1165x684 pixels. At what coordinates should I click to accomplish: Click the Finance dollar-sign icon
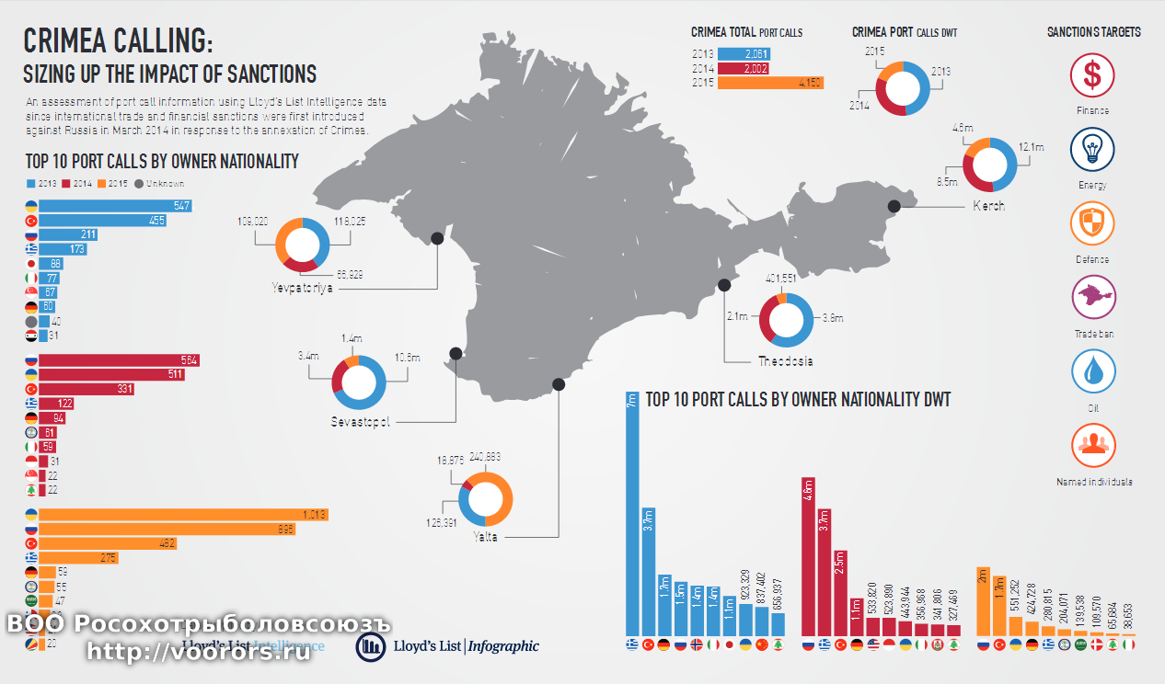point(1092,74)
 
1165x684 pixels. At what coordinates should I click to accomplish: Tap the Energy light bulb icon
point(1092,150)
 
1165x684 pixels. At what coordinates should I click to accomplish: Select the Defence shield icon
point(1092,224)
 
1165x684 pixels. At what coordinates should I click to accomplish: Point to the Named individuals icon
point(1093,446)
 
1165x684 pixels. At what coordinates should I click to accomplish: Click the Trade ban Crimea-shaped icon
point(1092,298)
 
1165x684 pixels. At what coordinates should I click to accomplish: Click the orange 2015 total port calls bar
point(769,83)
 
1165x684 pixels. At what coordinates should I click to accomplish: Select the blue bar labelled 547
point(115,206)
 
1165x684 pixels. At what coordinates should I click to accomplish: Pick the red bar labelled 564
point(120,360)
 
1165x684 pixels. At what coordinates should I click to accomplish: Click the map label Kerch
point(988,206)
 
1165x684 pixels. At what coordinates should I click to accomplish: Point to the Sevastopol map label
point(361,422)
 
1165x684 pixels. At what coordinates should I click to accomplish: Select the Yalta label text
point(485,537)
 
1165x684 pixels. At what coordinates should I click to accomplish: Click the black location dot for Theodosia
point(724,284)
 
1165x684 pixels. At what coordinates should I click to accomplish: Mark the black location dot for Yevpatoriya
point(437,238)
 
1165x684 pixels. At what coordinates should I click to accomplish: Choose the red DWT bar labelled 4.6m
point(808,556)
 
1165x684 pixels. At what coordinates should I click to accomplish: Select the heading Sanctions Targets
point(1093,32)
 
